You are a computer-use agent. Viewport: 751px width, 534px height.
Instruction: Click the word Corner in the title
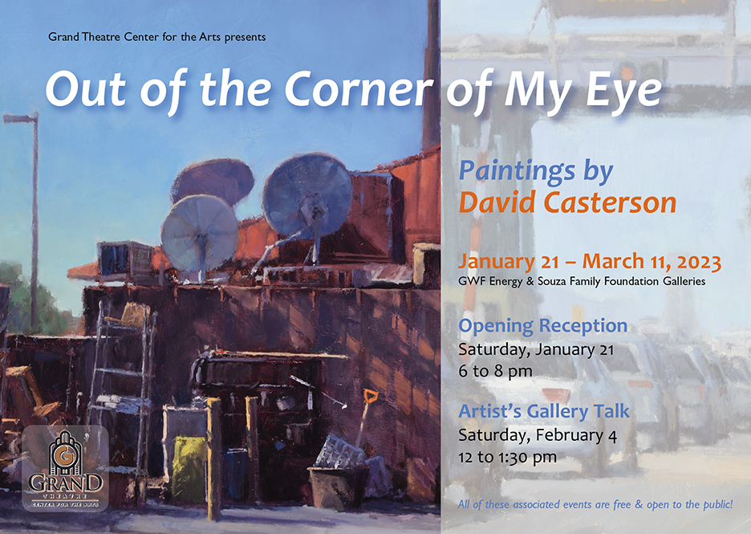(359, 88)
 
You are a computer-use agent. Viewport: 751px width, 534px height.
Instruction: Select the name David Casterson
(567, 202)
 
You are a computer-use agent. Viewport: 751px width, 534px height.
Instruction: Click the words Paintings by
(536, 172)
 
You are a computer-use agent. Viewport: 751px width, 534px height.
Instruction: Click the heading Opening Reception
(542, 326)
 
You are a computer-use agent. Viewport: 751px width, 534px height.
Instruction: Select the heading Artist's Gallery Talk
(544, 411)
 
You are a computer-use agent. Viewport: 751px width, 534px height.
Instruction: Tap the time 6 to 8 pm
(495, 372)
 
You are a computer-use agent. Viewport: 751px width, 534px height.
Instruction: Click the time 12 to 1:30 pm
(507, 457)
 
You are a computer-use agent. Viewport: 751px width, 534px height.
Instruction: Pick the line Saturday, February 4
(538, 435)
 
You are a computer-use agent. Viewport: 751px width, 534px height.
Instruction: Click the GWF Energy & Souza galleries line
(582, 281)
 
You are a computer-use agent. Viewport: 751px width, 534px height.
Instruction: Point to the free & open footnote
(595, 504)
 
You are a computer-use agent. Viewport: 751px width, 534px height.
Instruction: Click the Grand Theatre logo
(65, 469)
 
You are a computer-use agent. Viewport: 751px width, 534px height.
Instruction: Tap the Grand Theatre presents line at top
(156, 37)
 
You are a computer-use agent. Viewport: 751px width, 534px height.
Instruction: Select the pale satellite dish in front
(200, 233)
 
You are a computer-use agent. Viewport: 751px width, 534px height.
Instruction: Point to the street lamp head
(19, 117)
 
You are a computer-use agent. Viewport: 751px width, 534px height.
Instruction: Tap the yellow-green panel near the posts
(189, 468)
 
